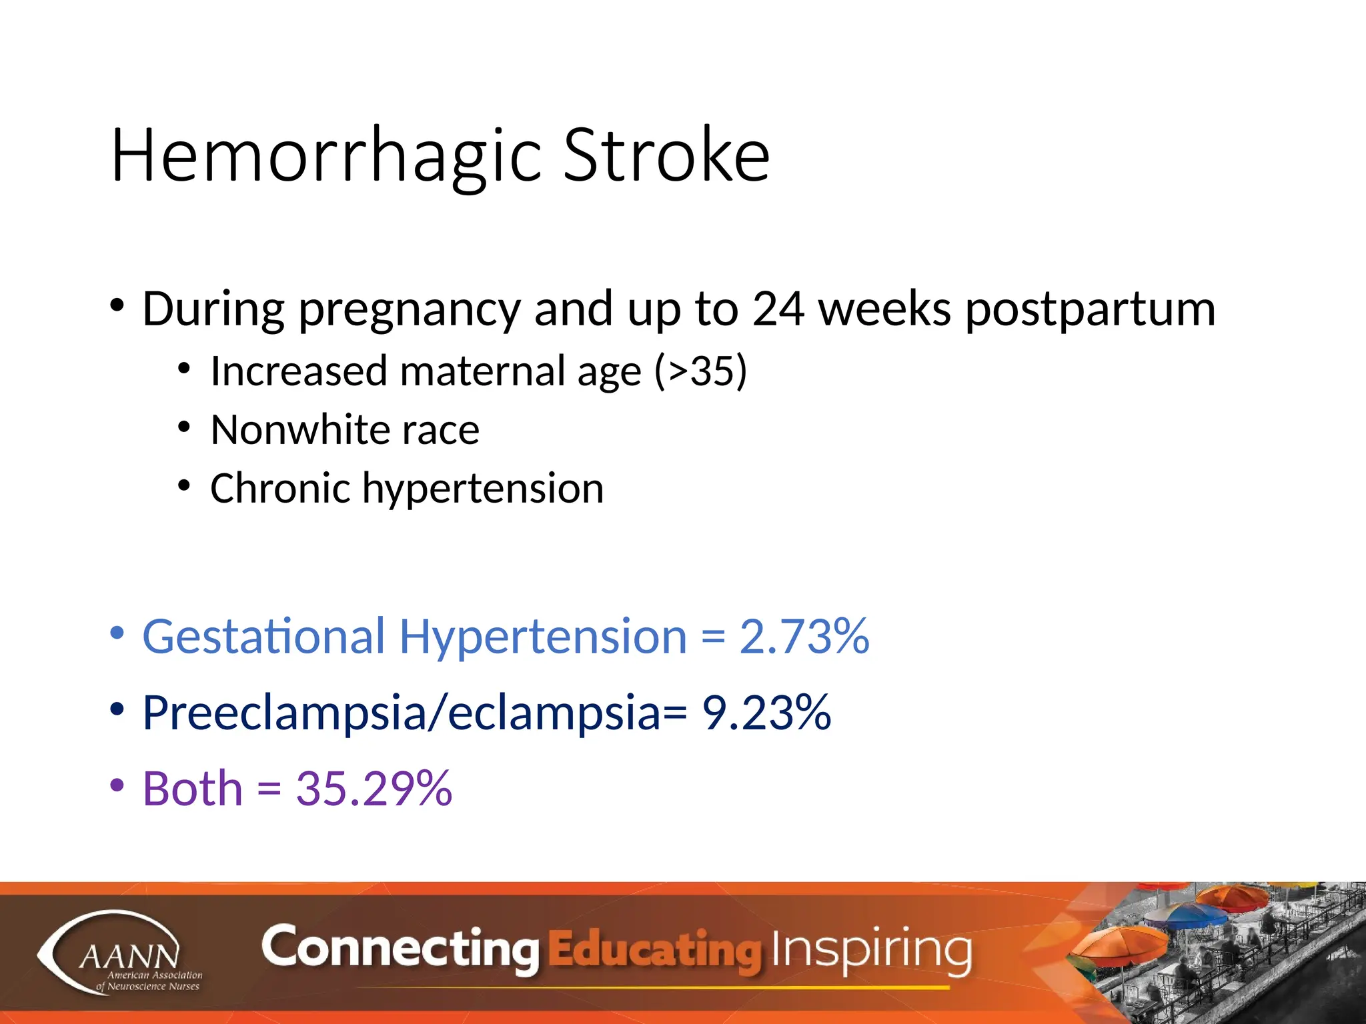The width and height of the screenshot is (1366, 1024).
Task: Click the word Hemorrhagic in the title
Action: pyautogui.click(x=327, y=157)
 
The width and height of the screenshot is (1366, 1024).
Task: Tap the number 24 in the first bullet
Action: pyautogui.click(x=778, y=309)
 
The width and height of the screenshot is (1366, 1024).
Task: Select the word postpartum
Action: pyautogui.click(x=1090, y=311)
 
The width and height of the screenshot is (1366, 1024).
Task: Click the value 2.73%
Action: pyautogui.click(x=804, y=637)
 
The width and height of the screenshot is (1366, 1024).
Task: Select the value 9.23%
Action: pyautogui.click(x=766, y=713)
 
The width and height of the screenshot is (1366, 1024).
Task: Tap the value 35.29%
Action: pyautogui.click(x=374, y=789)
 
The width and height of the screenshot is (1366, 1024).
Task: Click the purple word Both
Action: pyautogui.click(x=192, y=789)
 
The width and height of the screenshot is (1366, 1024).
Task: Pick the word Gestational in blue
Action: pyautogui.click(x=263, y=637)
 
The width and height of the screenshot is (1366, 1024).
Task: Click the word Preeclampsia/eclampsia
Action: pyautogui.click(x=400, y=713)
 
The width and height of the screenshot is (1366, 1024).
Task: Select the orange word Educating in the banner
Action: pyautogui.click(x=654, y=951)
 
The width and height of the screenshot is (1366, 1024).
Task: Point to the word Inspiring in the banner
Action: pyautogui.click(x=870, y=949)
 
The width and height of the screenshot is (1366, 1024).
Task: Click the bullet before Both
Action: pyautogui.click(x=117, y=785)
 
